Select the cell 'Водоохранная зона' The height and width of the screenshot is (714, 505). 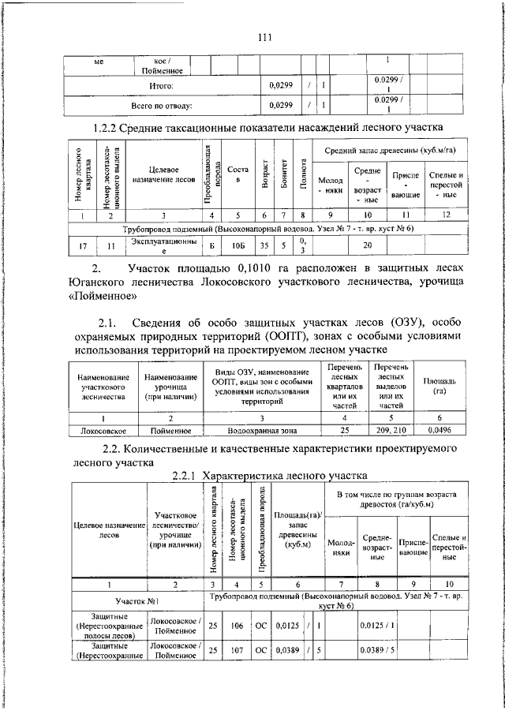pyautogui.click(x=262, y=431)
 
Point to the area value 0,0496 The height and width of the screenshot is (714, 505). pyautogui.click(x=440, y=431)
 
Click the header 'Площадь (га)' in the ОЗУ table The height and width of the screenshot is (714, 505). pyautogui.click(x=440, y=386)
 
